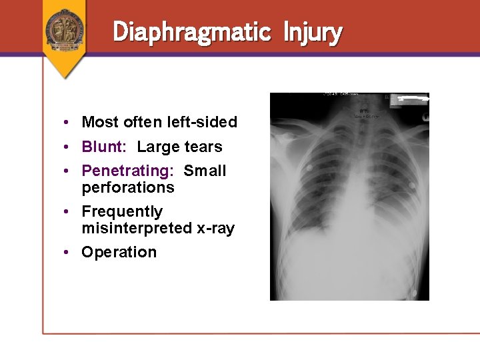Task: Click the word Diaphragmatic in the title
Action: point(192,32)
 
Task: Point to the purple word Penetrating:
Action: point(127,171)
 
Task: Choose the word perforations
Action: point(127,187)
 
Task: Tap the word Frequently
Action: point(122,211)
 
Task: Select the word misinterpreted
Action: point(136,228)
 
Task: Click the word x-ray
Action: point(215,228)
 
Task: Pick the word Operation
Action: point(119,252)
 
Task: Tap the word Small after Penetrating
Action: point(205,171)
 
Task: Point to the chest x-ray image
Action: point(349,200)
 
